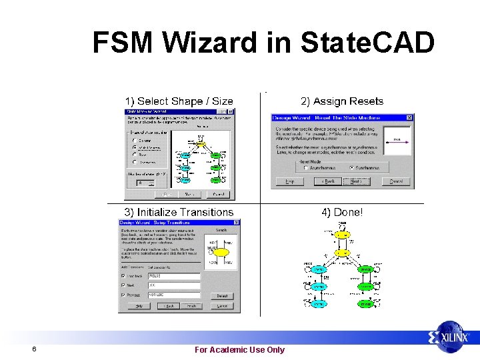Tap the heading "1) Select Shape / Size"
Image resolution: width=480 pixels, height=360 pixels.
tap(179, 101)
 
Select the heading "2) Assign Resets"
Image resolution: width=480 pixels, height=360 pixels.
tap(342, 101)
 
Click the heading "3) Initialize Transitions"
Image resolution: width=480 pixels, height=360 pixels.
tap(177, 213)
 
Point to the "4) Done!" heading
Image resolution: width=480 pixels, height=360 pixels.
tap(343, 213)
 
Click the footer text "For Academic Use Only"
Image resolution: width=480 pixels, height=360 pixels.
tap(239, 349)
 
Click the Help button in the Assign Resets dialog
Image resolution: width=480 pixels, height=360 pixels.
tap(290, 181)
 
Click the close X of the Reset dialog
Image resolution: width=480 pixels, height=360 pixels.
tap(409, 118)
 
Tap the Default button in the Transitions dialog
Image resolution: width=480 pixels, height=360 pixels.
tap(222, 296)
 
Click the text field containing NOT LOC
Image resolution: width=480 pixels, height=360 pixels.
tap(173, 295)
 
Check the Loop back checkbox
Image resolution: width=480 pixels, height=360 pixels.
tap(122, 275)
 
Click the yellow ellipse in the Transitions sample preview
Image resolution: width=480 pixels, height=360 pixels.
tap(221, 253)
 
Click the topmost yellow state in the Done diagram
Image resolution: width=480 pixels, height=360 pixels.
tap(341, 235)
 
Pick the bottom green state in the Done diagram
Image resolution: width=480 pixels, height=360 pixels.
tap(365, 303)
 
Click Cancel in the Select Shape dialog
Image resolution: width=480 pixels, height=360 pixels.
tap(217, 194)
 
